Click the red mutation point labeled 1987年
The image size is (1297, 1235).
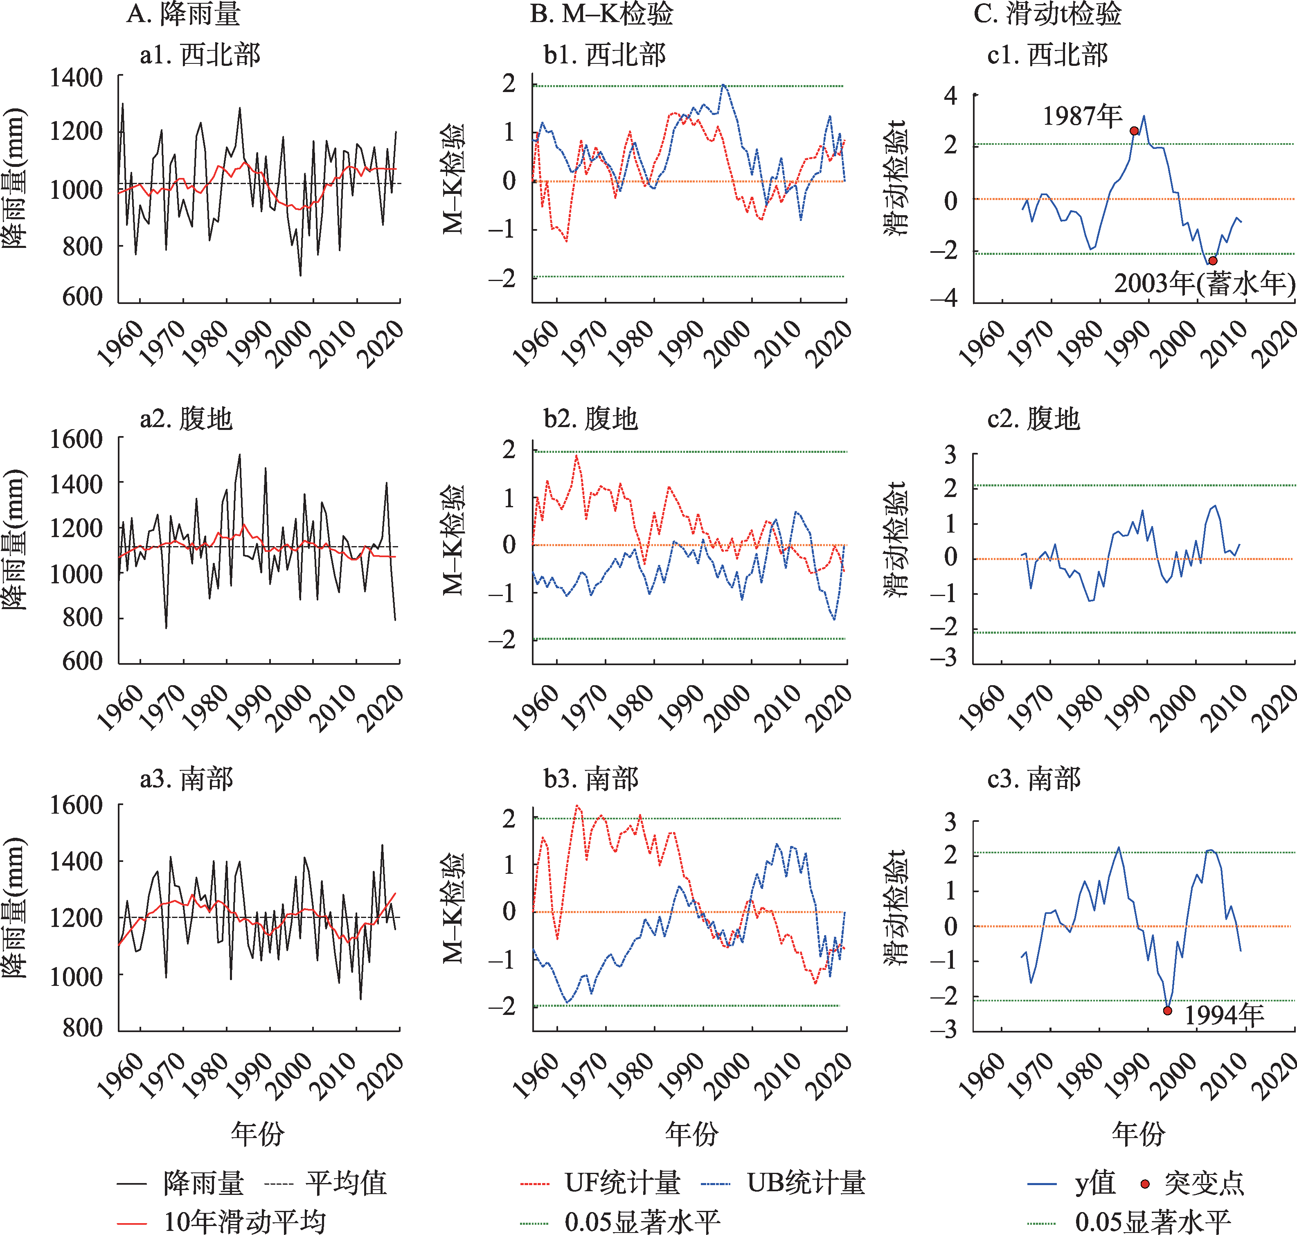1134,131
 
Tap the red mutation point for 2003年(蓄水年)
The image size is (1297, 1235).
1213,261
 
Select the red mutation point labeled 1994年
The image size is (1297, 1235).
1167,1010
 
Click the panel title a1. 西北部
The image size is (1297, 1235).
200,55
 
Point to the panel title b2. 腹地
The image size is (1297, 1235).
590,418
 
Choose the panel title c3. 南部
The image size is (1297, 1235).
1034,779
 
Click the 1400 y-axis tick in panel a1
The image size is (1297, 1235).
77,78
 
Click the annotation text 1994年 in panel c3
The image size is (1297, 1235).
1224,1015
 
